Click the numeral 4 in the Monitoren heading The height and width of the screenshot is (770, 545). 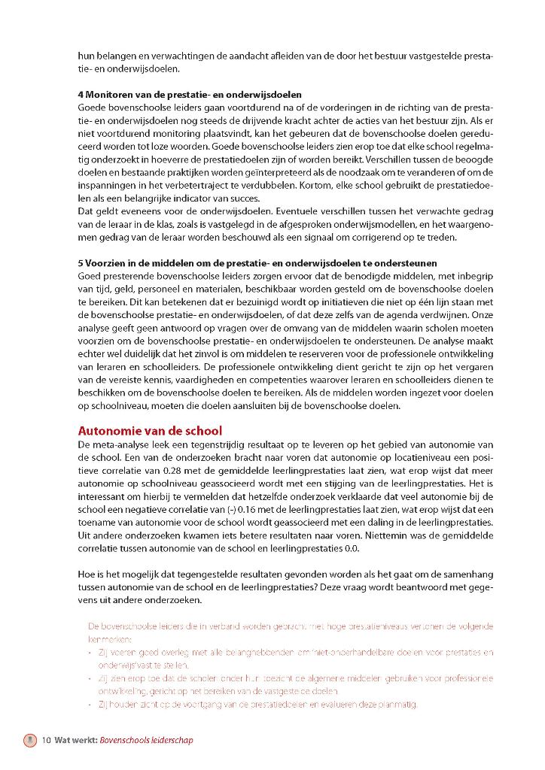tap(81, 95)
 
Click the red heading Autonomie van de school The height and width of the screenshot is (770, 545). tap(150, 431)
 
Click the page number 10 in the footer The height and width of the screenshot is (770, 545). tap(46, 740)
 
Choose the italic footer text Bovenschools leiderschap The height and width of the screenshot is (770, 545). tap(146, 740)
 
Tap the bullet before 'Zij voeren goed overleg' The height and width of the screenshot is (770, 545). tap(91, 653)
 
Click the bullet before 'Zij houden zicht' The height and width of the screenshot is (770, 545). tap(91, 705)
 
